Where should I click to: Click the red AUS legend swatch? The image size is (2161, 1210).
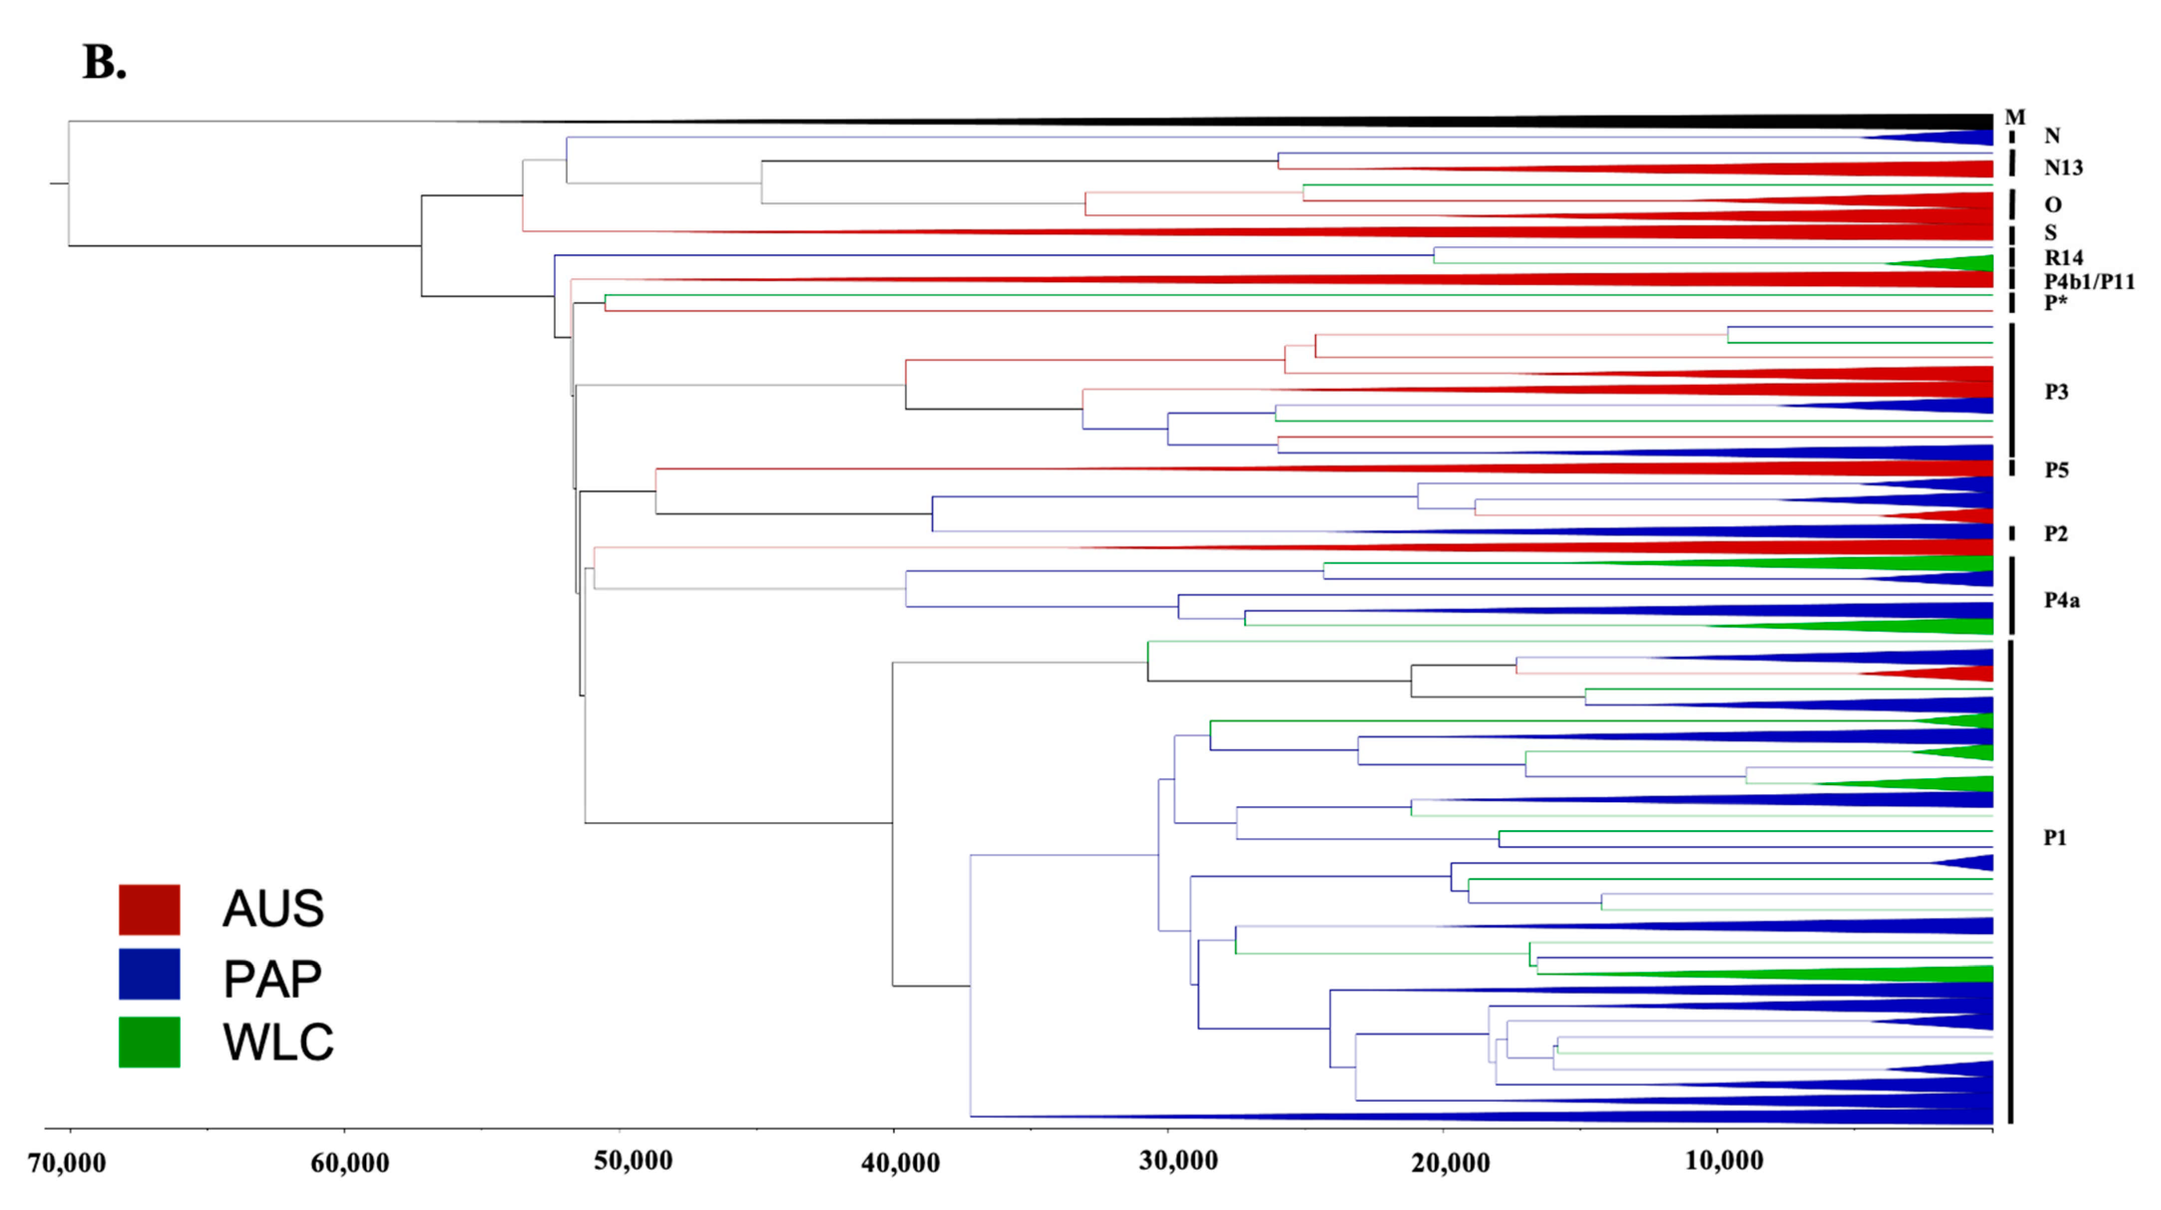[x=149, y=909]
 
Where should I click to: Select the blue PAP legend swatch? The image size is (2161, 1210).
[x=149, y=974]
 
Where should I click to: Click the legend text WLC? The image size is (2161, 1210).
[x=278, y=1042]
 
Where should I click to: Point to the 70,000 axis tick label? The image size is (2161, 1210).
[x=67, y=1163]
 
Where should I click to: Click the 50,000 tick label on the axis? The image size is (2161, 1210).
[x=634, y=1161]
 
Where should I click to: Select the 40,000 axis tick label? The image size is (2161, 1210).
[x=900, y=1163]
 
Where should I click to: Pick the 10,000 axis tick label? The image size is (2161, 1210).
[x=1724, y=1161]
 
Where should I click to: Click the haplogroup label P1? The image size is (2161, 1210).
[x=2054, y=838]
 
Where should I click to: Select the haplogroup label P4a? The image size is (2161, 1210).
[x=2061, y=600]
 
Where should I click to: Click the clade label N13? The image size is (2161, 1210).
[x=2063, y=168]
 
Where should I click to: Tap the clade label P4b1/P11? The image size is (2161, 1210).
[x=2089, y=282]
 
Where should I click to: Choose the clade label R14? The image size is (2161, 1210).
[x=2063, y=257]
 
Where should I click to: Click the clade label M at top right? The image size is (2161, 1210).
[x=2014, y=117]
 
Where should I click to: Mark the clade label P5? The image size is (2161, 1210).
[x=2056, y=470]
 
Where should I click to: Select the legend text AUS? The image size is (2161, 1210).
[x=273, y=909]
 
